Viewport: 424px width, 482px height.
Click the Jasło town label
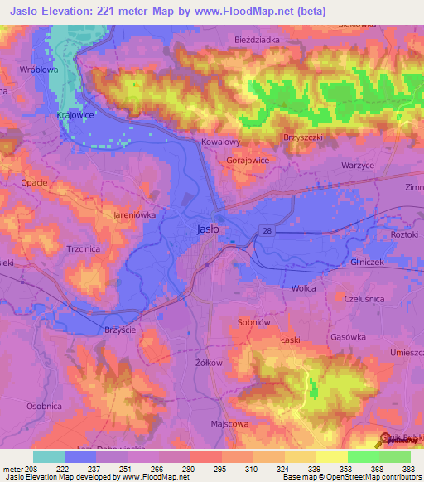pos(208,229)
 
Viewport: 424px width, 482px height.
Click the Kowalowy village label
pos(221,142)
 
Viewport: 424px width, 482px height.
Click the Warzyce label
pos(359,165)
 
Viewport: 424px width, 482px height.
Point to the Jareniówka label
pos(134,214)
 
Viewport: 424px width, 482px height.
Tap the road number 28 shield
pos(264,229)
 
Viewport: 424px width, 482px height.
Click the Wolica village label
pos(305,288)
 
